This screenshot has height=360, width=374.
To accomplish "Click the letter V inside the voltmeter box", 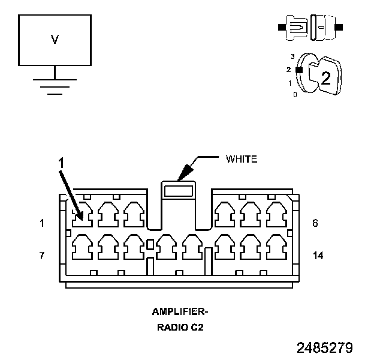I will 55,40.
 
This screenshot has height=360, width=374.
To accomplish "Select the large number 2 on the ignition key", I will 325,77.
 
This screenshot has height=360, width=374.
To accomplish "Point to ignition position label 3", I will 292,56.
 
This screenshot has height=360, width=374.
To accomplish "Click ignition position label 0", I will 294,95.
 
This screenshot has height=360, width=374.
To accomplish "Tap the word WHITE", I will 241,159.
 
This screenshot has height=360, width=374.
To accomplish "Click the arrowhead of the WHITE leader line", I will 183,175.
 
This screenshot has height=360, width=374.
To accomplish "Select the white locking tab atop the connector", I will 179,191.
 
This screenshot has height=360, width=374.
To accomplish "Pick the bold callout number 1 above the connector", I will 60,161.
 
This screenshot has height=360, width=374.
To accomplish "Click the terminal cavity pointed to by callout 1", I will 82,214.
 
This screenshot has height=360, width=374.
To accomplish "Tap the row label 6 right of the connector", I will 315,223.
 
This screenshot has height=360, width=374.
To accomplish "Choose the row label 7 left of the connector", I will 42,255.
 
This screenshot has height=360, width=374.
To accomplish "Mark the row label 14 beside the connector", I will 318,255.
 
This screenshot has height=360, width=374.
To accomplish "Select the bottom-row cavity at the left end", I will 82,245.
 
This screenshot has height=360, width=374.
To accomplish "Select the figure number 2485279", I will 324,348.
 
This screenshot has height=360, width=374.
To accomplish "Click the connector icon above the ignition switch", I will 310,27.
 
